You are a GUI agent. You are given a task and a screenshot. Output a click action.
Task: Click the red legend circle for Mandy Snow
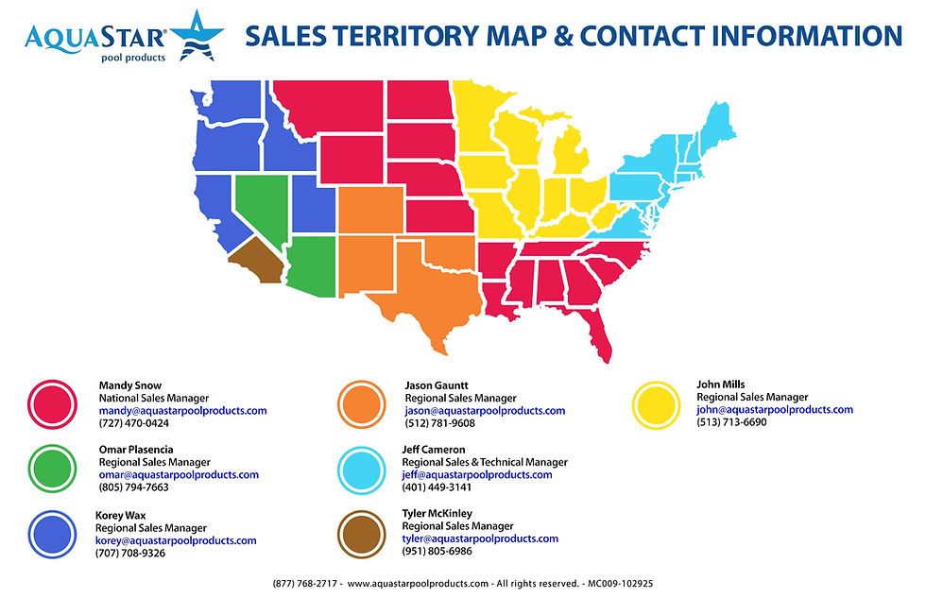click(53, 404)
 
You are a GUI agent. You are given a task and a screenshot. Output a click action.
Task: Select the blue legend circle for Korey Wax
click(53, 533)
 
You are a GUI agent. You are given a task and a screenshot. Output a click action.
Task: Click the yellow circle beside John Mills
click(656, 404)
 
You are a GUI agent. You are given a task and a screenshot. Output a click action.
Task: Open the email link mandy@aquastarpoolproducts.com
click(182, 411)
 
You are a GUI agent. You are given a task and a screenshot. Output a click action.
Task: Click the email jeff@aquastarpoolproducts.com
click(477, 475)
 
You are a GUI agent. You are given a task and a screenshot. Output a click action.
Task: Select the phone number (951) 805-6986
click(437, 551)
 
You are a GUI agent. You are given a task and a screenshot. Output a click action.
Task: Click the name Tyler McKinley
click(437, 513)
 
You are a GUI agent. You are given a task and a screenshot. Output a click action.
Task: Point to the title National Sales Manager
click(153, 399)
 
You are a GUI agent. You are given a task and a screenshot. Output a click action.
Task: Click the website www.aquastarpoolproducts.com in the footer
click(418, 584)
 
